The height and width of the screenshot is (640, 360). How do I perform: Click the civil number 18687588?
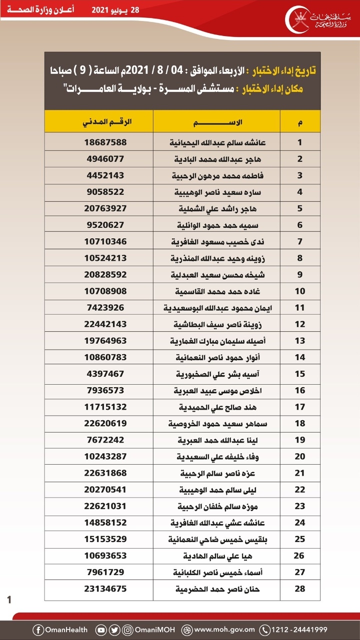click(x=106, y=142)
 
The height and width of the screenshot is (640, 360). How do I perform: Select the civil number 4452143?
click(x=105, y=175)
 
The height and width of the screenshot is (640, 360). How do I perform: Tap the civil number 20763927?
click(x=106, y=208)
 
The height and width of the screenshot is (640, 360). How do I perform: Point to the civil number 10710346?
click(x=106, y=241)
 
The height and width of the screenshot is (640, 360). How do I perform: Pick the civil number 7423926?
click(x=105, y=308)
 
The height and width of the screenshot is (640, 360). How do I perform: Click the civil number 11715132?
click(x=106, y=407)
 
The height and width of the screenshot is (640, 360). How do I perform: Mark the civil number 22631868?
click(x=106, y=473)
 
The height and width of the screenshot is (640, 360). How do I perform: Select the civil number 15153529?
click(x=106, y=539)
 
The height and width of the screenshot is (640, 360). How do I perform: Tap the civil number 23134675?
click(x=106, y=589)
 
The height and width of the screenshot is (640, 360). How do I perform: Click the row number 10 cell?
click(x=300, y=291)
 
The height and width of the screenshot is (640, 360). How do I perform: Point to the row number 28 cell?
click(x=300, y=589)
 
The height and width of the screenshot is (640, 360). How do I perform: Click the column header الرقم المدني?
click(x=106, y=121)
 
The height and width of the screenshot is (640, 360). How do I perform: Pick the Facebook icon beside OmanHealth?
click(x=38, y=630)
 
